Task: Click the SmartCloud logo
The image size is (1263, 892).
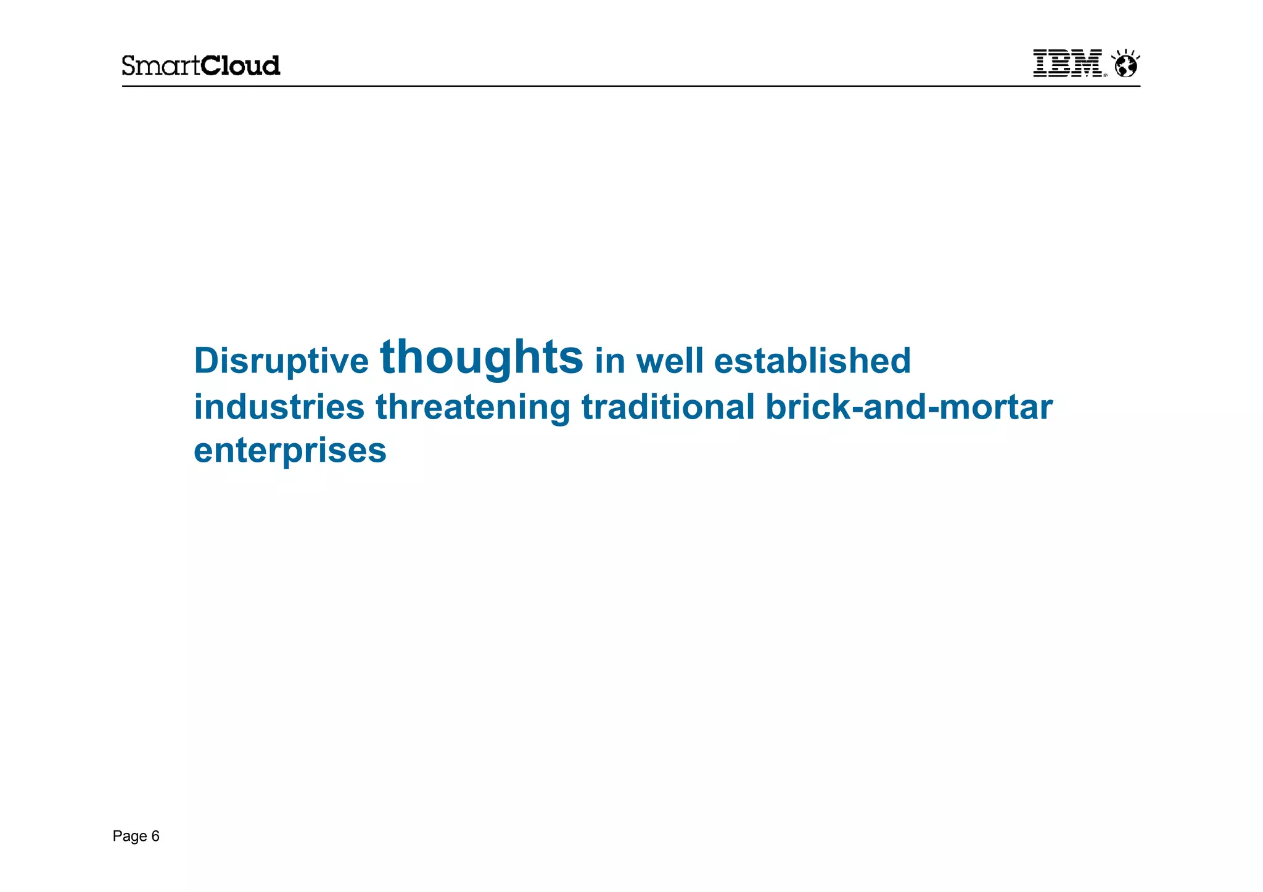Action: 200,65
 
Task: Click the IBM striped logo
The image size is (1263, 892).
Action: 1068,63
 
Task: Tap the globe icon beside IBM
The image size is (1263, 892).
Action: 1126,64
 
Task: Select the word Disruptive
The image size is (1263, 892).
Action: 281,361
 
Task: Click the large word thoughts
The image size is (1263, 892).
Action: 481,357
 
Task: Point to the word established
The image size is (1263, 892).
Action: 812,361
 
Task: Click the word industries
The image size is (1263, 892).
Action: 279,407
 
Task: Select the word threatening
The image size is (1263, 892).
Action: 473,407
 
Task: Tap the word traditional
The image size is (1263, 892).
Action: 668,407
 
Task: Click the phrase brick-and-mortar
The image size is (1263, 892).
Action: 909,407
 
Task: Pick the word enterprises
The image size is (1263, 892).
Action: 290,451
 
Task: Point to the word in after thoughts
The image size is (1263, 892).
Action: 609,361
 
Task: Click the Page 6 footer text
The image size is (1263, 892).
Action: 136,836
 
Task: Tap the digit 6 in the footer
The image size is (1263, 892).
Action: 155,836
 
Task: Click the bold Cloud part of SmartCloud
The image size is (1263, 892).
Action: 241,65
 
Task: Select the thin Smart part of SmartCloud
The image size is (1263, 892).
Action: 161,65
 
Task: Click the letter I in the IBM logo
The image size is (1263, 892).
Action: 1041,63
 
